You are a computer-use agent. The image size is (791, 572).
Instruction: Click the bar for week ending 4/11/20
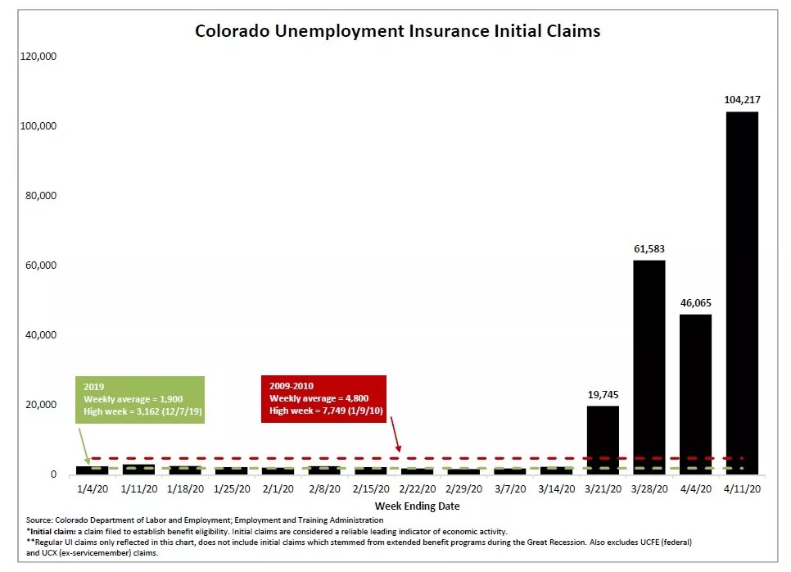(742, 293)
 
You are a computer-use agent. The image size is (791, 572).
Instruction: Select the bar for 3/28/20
(649, 367)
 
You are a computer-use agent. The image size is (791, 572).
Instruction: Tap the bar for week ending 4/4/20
(695, 394)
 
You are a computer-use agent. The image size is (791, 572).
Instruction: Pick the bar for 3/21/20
(603, 440)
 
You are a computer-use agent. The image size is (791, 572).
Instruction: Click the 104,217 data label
(742, 100)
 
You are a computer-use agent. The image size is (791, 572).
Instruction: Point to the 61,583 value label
(649, 248)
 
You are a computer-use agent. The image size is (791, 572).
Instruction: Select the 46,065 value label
(695, 302)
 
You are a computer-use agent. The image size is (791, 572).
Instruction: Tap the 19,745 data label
(603, 394)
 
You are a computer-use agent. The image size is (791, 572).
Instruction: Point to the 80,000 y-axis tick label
(39, 196)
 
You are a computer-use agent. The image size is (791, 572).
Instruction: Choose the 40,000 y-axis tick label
(39, 335)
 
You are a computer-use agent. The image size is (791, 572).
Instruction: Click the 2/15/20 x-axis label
(370, 489)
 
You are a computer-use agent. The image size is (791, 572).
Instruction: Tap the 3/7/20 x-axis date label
(509, 489)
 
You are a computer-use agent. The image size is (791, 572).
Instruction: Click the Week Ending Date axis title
(417, 506)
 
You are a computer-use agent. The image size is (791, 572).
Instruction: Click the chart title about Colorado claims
(397, 31)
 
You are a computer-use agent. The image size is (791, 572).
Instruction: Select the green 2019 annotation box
(140, 400)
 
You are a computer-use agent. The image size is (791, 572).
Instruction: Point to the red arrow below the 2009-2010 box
(395, 435)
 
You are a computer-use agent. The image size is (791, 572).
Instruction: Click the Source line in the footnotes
(205, 520)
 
